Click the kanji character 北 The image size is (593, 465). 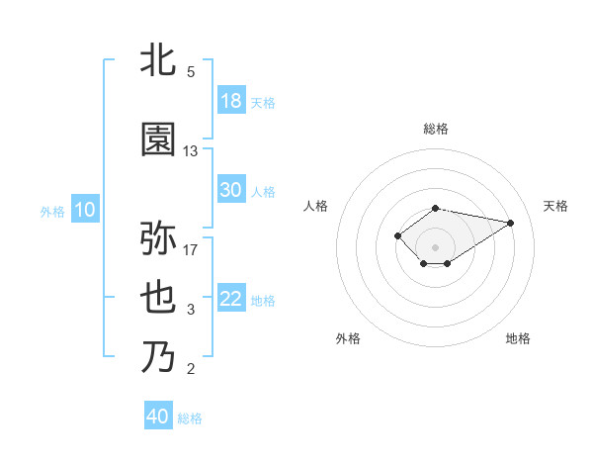pos(158,61)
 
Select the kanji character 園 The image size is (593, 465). pos(158,140)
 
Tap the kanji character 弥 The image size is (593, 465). pos(158,238)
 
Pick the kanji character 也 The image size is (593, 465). pos(158,300)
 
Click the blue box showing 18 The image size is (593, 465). pos(231,101)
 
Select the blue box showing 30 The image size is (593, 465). pos(231,190)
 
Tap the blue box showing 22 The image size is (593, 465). pos(231,299)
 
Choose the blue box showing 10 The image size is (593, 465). pos(84,210)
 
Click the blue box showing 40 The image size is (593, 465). pos(158,417)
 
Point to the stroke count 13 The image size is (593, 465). pos(191,151)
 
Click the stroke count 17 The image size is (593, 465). pos(191,249)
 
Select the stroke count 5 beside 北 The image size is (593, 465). pos(191,72)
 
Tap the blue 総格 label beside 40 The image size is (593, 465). pos(190,418)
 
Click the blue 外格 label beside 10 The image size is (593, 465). pos(52,211)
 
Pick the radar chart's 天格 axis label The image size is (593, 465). pos(555,206)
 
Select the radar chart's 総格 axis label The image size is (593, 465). pos(435,129)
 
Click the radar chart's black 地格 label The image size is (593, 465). pos(518,338)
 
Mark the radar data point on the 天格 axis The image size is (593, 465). pos(510,222)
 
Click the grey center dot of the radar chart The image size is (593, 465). pos(435,245)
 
